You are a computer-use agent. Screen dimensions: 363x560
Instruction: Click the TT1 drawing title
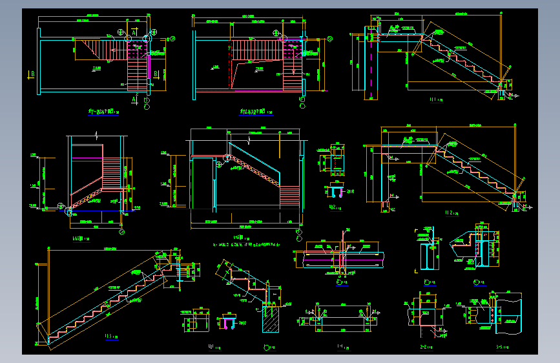[434, 100]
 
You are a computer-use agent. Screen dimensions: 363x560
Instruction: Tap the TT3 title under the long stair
[108, 336]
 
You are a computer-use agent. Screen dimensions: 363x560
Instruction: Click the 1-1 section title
[340, 347]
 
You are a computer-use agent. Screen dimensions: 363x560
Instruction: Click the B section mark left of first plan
[32, 74]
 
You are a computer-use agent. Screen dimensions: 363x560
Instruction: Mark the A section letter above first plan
[134, 31]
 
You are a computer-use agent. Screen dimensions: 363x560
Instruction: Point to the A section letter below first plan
[134, 99]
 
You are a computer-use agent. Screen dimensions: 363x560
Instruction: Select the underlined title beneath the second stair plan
[254, 111]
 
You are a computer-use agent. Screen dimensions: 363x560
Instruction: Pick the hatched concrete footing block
[270, 319]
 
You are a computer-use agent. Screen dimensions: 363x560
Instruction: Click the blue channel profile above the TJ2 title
[335, 192]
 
